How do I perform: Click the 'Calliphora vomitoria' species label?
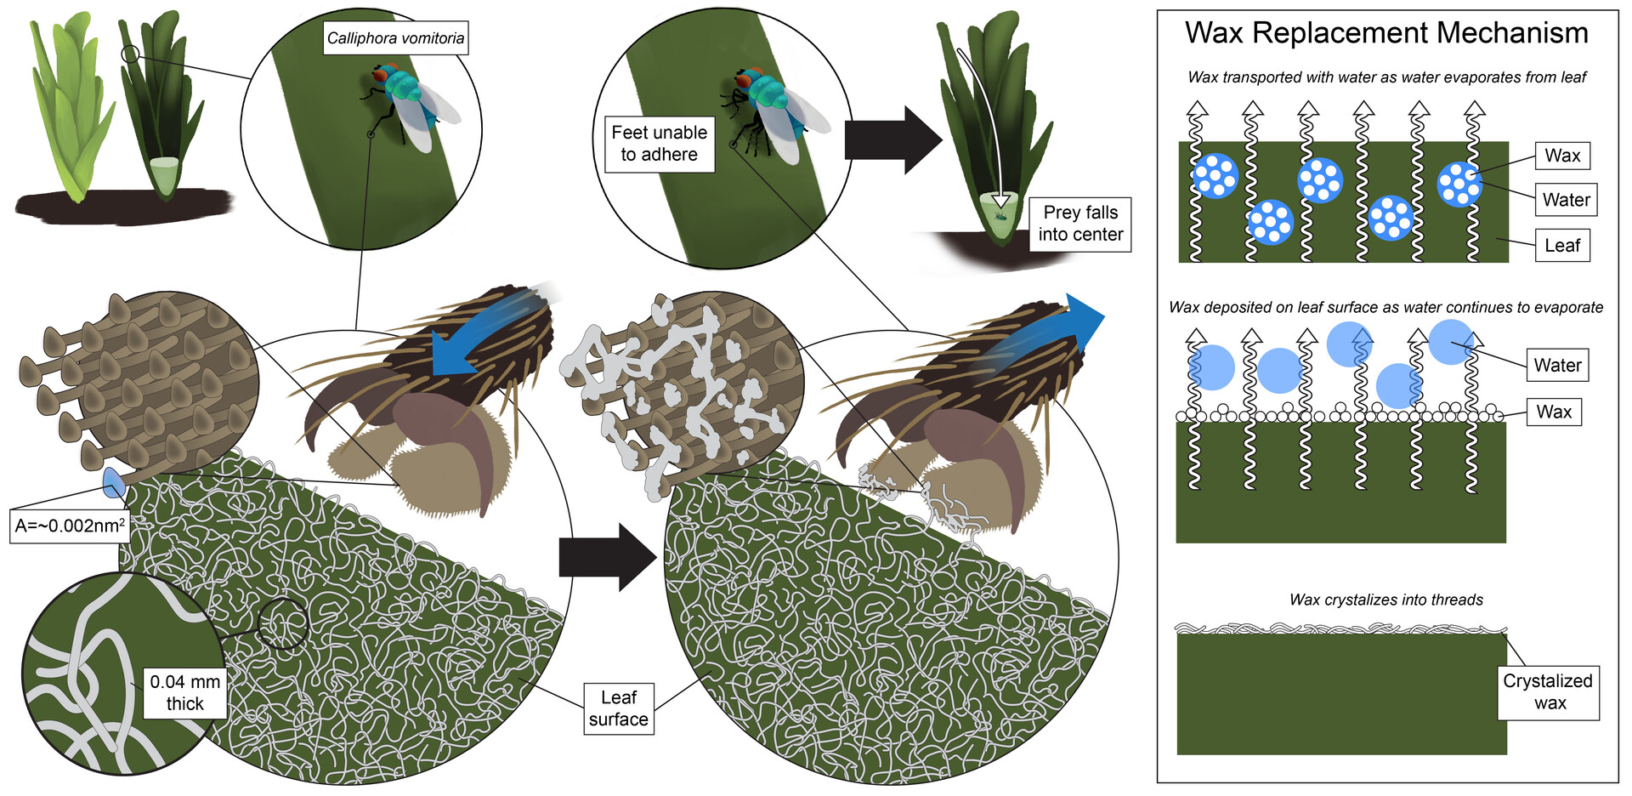[x=395, y=38]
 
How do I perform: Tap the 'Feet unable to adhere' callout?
[x=659, y=144]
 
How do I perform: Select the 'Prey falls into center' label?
[x=1080, y=224]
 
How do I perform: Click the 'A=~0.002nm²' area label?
[x=70, y=526]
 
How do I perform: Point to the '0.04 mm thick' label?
[x=184, y=692]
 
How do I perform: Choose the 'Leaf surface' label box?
[x=619, y=708]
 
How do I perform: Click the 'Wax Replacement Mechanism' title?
[x=1386, y=33]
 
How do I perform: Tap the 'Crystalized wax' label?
[x=1548, y=692]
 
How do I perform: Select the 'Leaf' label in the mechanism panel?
[x=1562, y=246]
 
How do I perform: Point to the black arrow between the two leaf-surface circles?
[x=606, y=558]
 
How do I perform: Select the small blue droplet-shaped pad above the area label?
[x=113, y=483]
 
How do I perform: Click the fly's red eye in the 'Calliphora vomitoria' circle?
[x=381, y=77]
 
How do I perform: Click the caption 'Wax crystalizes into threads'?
[x=1385, y=600]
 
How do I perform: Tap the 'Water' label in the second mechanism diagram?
[x=1557, y=366]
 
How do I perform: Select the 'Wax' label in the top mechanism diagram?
[x=1562, y=156]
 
